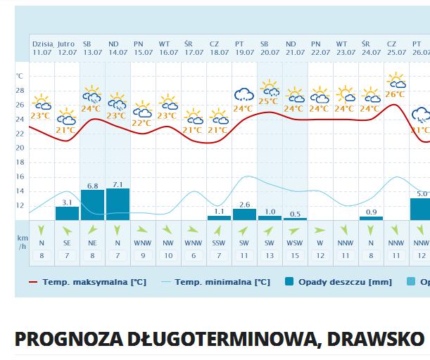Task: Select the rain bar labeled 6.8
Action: click(x=92, y=205)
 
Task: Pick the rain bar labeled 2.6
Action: click(x=244, y=214)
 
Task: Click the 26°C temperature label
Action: click(x=395, y=94)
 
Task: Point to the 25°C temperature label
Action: click(x=268, y=101)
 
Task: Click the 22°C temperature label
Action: click(x=141, y=123)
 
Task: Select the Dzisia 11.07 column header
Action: click(x=42, y=48)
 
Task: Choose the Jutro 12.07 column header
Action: click(x=67, y=48)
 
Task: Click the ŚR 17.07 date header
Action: click(x=194, y=48)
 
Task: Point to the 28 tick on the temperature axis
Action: click(x=19, y=91)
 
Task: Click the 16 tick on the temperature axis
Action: click(x=19, y=176)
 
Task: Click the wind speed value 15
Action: click(x=295, y=255)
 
